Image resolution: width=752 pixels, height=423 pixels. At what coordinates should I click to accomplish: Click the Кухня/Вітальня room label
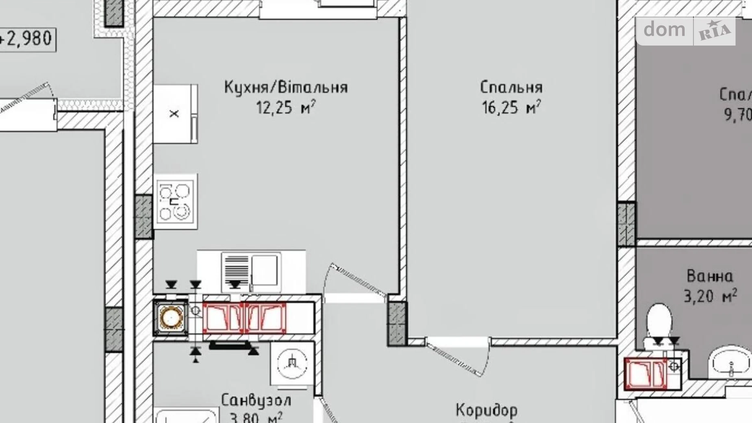point(286,87)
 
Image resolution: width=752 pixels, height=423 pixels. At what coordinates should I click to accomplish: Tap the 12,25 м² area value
point(286,108)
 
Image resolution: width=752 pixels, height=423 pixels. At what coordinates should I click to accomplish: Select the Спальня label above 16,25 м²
point(511,87)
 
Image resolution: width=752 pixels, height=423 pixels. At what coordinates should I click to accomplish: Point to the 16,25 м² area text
point(511,108)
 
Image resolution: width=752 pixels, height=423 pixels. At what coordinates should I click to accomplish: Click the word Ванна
point(710,277)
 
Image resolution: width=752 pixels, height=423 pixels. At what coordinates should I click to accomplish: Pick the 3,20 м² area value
point(710,296)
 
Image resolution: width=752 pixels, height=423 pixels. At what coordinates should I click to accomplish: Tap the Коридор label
point(487,410)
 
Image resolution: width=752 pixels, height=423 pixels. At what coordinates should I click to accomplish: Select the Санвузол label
point(256,400)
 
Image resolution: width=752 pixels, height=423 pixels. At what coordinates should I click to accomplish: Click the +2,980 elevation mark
point(27,39)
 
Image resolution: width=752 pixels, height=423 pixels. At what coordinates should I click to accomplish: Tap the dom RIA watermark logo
point(686,31)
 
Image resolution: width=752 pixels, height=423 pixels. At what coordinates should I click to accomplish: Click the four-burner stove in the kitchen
point(175,202)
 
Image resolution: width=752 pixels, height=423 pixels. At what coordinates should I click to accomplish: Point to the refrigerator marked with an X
point(175,114)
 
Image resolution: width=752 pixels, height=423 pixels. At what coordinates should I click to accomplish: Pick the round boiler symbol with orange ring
point(171,318)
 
